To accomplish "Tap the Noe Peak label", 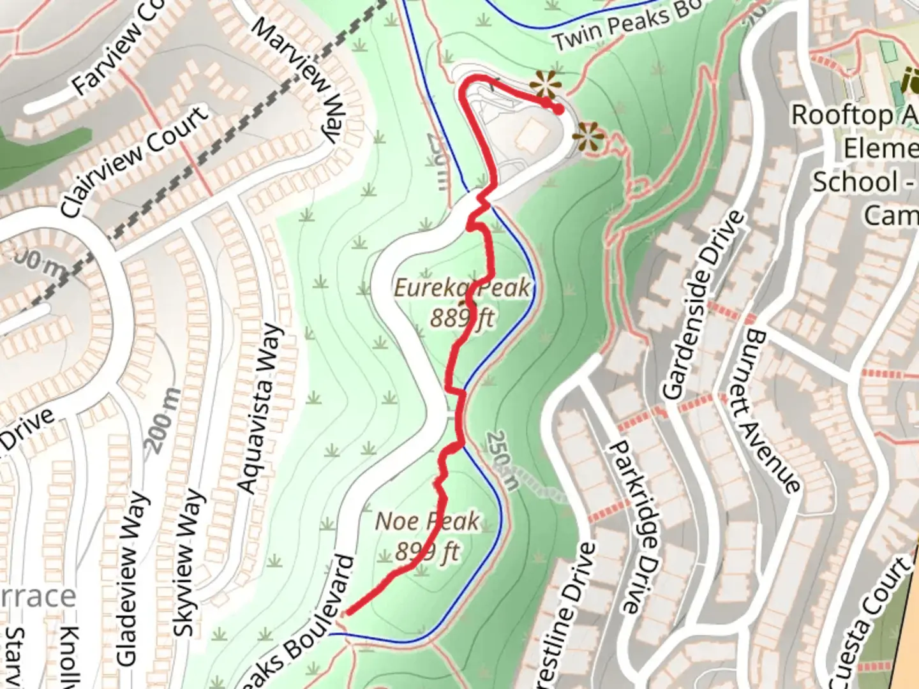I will [427, 521].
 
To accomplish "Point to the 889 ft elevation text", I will [461, 317].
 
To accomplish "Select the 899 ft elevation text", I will [427, 551].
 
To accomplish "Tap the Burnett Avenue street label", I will [772, 411].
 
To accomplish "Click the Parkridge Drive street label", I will [632, 526].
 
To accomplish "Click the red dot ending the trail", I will [558, 109].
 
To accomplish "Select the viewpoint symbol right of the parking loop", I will [588, 138].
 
